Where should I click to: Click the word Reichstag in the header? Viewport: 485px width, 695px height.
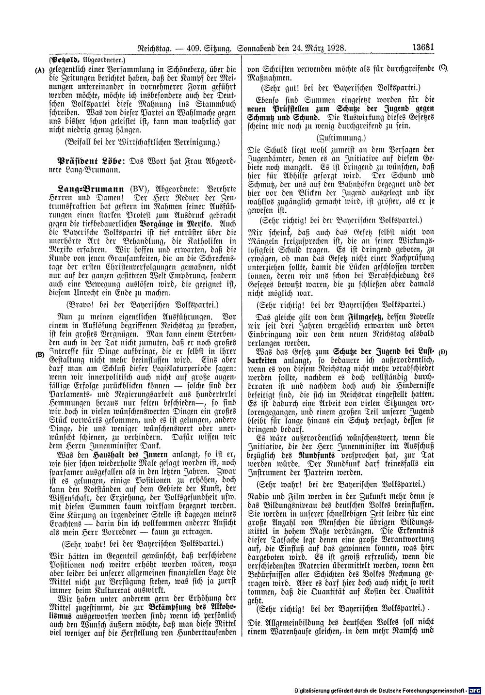click(144, 48)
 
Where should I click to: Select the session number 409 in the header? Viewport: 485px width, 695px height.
click(187, 48)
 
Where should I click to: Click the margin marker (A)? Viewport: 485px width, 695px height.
click(40, 69)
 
